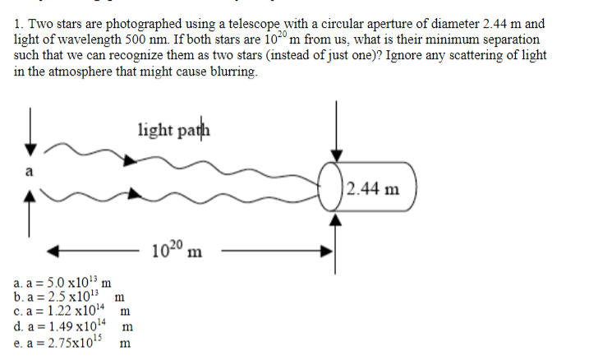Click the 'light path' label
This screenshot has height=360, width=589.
174,129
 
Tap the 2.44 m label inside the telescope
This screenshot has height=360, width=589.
373,190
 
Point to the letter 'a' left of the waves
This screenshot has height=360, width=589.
30,172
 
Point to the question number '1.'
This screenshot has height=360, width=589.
21,25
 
